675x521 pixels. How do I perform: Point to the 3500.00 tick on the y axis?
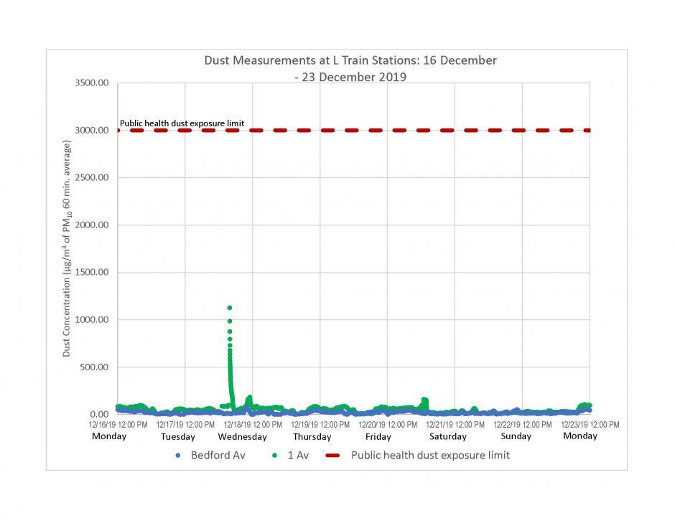pyautogui.click(x=92, y=83)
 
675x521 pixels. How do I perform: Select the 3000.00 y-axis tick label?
pyautogui.click(x=92, y=131)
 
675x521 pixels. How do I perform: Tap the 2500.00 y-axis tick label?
pyautogui.click(x=92, y=178)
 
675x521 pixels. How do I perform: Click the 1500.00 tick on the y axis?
pyautogui.click(x=92, y=273)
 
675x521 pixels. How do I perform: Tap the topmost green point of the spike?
pyautogui.click(x=230, y=308)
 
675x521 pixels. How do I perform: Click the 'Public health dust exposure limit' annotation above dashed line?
pyautogui.click(x=182, y=123)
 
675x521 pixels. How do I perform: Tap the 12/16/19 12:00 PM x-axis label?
pyautogui.click(x=118, y=425)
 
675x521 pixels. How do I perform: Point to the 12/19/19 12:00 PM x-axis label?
pyautogui.click(x=320, y=425)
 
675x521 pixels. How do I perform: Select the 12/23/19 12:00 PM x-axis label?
pyautogui.click(x=590, y=425)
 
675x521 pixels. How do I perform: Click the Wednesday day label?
pyautogui.click(x=242, y=436)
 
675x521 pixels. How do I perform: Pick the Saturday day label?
pyautogui.click(x=448, y=436)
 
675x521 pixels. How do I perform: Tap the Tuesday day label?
pyautogui.click(x=177, y=436)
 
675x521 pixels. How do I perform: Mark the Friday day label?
pyautogui.click(x=378, y=436)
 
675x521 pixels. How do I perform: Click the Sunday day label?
pyautogui.click(x=516, y=436)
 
